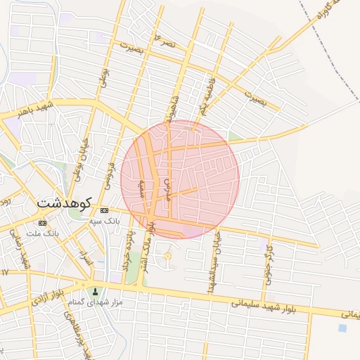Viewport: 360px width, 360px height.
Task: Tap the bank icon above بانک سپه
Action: tap(104, 210)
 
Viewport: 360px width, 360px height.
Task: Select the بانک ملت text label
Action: tap(41, 233)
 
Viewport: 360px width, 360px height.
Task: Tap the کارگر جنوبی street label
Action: tap(269, 261)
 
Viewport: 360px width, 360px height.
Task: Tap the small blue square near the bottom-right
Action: tap(342, 327)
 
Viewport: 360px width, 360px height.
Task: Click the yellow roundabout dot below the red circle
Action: tap(167, 256)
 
